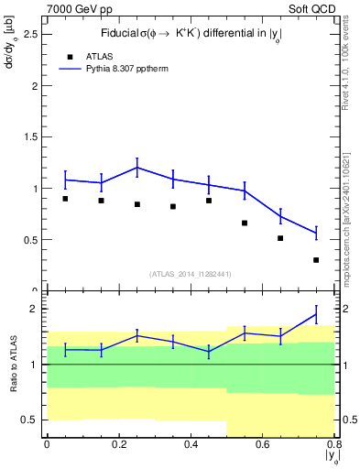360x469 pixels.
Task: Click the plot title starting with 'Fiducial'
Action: [190, 33]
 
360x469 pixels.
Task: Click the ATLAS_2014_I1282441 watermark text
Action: [191, 273]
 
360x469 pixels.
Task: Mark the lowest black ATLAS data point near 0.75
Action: [316, 260]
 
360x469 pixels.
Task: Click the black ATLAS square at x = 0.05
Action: [65, 198]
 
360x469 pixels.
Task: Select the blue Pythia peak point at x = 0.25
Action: [136, 168]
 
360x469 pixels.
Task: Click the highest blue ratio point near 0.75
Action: [316, 314]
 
